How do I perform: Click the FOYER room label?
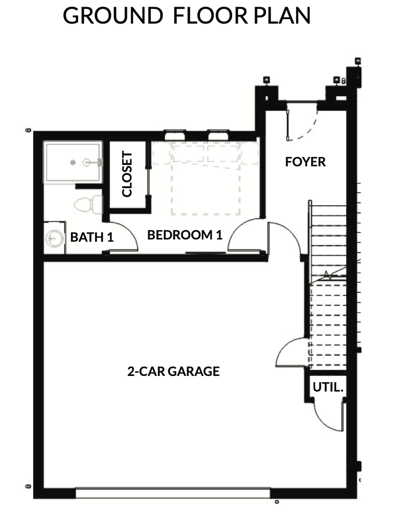click(x=305, y=162)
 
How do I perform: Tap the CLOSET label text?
click(x=127, y=174)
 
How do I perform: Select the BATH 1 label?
click(x=92, y=237)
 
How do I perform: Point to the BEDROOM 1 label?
click(x=184, y=235)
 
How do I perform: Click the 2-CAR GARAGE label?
click(x=173, y=371)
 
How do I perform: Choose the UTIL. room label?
click(x=328, y=387)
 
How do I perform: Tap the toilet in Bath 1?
click(x=88, y=205)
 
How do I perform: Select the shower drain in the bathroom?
click(x=73, y=162)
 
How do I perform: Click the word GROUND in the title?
click(x=113, y=16)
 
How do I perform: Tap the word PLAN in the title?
click(x=282, y=16)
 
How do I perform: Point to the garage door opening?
click(x=173, y=492)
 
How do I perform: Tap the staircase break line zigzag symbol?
click(x=327, y=275)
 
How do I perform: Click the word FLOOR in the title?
click(x=210, y=16)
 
